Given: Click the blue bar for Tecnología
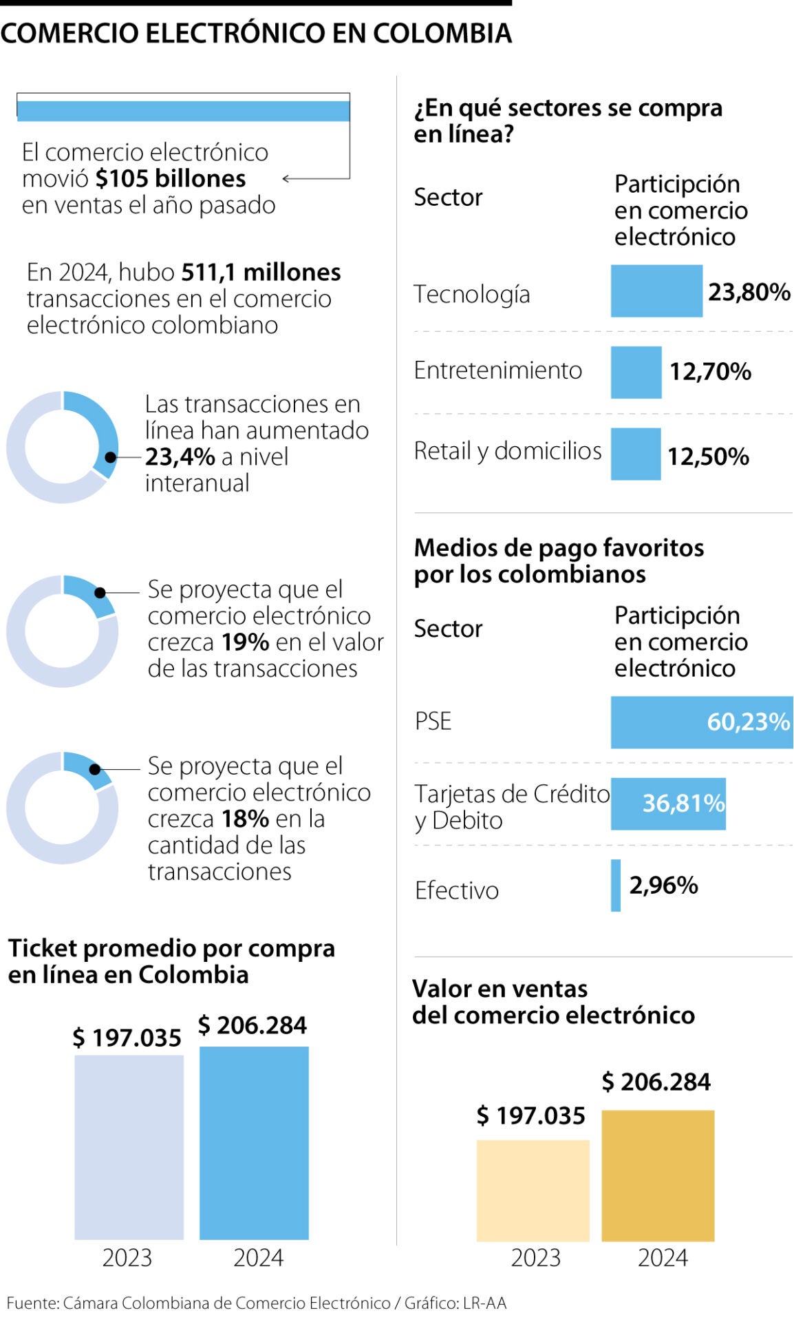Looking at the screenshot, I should point(656,291).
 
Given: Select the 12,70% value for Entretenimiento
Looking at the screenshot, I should point(710,372).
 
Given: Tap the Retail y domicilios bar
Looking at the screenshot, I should point(635,454).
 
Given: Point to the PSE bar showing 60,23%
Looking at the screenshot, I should point(700,722).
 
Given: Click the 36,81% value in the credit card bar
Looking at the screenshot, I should point(683,803).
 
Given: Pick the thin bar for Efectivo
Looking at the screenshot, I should point(615,885).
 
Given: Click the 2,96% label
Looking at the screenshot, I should point(663,885).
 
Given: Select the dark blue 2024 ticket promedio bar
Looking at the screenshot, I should point(254,1142).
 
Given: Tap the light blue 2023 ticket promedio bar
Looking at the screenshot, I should point(129,1146).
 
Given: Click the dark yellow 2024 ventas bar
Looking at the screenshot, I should point(657,1175).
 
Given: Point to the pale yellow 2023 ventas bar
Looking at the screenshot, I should point(533,1190).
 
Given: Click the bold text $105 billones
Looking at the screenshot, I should point(171,178).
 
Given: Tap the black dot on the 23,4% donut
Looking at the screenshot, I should point(110,457).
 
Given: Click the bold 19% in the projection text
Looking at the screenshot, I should point(245,642).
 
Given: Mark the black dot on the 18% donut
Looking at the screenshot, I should point(95,769).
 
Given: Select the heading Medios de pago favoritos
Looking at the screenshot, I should point(558,548).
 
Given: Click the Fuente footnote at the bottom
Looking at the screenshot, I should point(256,1303).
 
